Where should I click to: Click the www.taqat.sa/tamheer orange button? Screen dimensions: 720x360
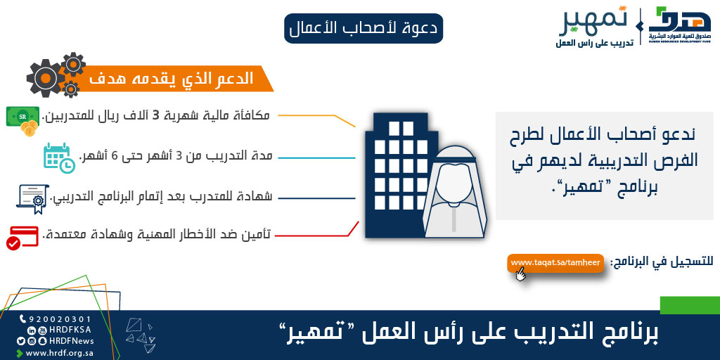tap(555, 263)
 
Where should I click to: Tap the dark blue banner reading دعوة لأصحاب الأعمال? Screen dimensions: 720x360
tap(364, 28)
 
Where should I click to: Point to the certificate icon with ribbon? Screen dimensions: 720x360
tap(33, 199)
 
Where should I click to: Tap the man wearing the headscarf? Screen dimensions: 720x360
tap(455, 192)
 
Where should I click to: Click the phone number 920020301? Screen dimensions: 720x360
tap(60, 319)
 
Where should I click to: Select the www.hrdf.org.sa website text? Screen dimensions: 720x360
tap(60, 353)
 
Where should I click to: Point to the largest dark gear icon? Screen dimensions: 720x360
tap(45, 79)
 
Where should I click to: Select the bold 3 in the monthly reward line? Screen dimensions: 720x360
tap(155, 115)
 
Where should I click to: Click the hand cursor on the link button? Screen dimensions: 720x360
tap(520, 274)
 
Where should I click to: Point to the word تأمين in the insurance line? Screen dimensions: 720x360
tap(260, 235)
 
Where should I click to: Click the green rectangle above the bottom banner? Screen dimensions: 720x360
tap(690, 305)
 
